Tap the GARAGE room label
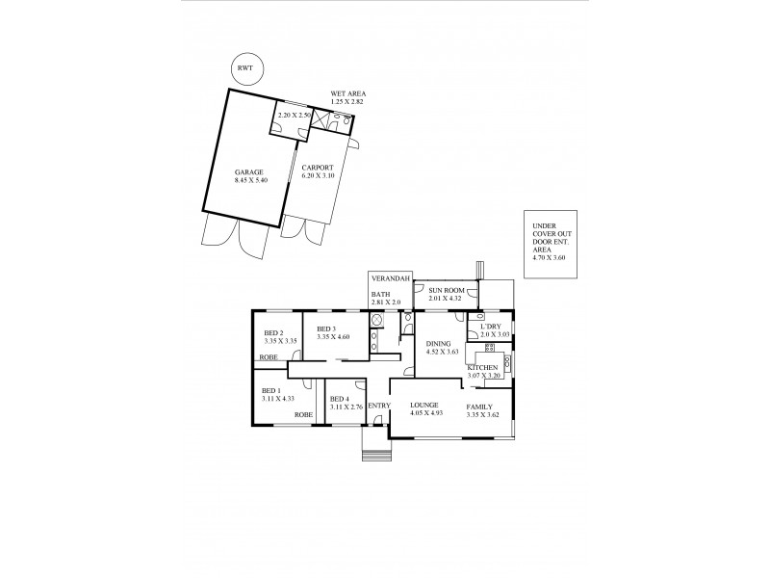coord(248,172)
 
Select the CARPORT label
coord(317,167)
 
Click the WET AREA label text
coord(347,94)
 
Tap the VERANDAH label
coord(391,278)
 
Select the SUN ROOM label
coord(446,289)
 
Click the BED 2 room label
coord(274,333)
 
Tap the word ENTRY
coord(377,406)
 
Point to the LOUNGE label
coord(423,405)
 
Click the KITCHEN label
coord(481,369)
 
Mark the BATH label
coord(380,295)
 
